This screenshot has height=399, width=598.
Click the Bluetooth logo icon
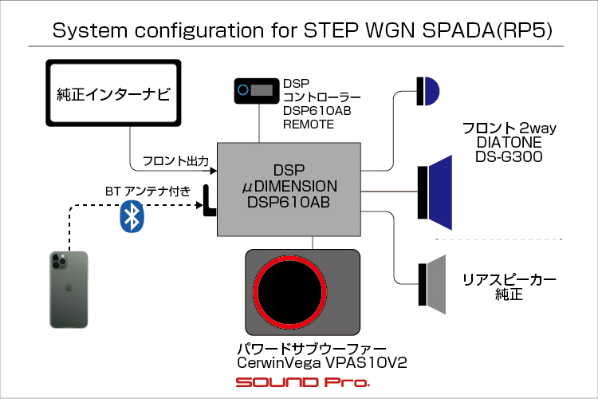(x=132, y=216)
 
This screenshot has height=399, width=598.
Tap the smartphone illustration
(x=69, y=290)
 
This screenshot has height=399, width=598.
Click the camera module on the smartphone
(x=58, y=260)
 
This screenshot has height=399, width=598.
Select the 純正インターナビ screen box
(x=113, y=93)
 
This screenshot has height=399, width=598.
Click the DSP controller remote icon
(x=256, y=91)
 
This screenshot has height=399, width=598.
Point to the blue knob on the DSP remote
(x=243, y=90)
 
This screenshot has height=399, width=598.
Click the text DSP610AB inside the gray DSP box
(x=289, y=203)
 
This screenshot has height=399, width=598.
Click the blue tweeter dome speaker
(x=431, y=91)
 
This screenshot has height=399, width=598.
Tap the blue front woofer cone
(x=441, y=192)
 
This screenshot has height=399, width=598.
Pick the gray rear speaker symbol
(x=432, y=284)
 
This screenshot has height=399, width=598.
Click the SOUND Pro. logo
(x=302, y=382)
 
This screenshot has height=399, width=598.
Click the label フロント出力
(x=175, y=160)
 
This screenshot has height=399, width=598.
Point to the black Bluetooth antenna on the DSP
(x=209, y=201)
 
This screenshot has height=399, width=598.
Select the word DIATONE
(x=509, y=142)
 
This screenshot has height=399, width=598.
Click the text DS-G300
(x=509, y=156)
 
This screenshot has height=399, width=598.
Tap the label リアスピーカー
(x=509, y=280)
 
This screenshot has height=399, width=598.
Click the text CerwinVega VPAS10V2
(x=322, y=363)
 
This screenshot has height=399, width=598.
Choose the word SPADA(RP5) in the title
(x=487, y=30)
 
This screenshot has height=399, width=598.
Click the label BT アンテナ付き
(x=148, y=191)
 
